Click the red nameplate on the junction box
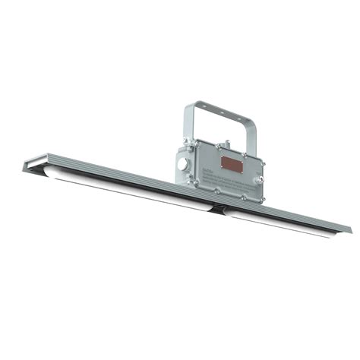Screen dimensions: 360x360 [x=229, y=162]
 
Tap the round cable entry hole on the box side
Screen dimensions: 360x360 [x=181, y=164]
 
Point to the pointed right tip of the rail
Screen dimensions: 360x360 [x=350, y=229]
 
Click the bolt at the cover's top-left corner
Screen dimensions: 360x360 [x=195, y=142]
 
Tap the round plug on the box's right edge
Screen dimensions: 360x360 [x=260, y=180]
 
